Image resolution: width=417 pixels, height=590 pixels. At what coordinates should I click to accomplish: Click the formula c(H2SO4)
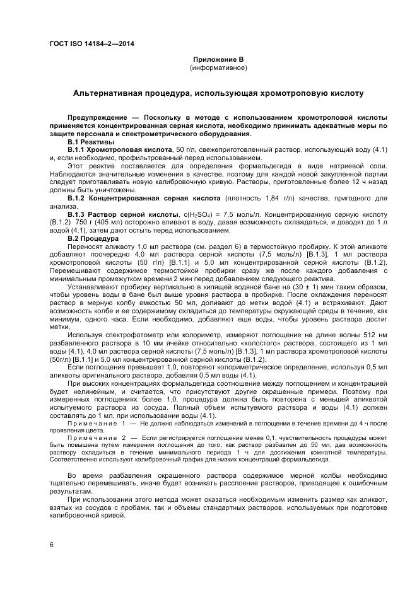tap(194, 214)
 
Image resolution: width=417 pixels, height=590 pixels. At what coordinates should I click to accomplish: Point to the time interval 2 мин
tap(158, 278)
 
